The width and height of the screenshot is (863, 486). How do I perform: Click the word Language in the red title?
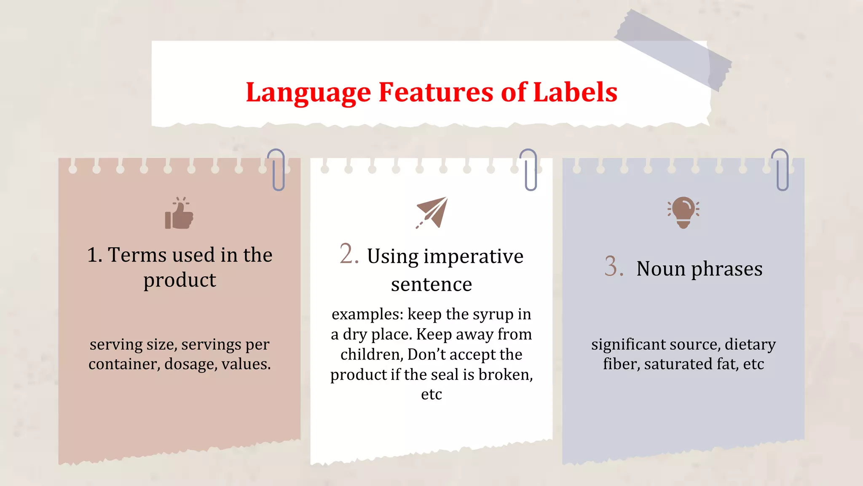pos(308,93)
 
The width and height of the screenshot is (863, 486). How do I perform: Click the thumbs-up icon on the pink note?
pos(180,213)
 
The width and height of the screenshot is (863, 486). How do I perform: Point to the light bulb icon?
pos(683,212)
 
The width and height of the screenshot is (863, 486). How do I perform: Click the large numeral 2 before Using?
pos(349,254)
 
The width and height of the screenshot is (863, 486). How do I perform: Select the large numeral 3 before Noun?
pos(614,267)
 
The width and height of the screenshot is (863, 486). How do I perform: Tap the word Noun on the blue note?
pos(660,269)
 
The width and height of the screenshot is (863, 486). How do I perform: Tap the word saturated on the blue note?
pos(673,364)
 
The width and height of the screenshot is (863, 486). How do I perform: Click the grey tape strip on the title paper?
pos(673,50)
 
